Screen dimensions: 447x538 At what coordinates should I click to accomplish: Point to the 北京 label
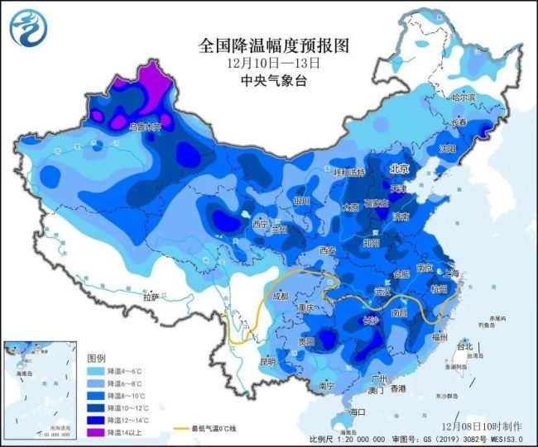pyautogui.click(x=401, y=169)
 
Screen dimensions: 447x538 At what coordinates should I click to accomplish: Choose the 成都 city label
pyautogui.click(x=279, y=296)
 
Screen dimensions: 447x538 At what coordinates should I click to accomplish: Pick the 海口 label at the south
pyautogui.click(x=357, y=411)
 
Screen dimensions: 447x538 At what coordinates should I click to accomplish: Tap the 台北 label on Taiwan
pyautogui.click(x=465, y=347)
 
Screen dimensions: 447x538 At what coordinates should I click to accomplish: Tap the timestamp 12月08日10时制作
pyautogui.click(x=484, y=426)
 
